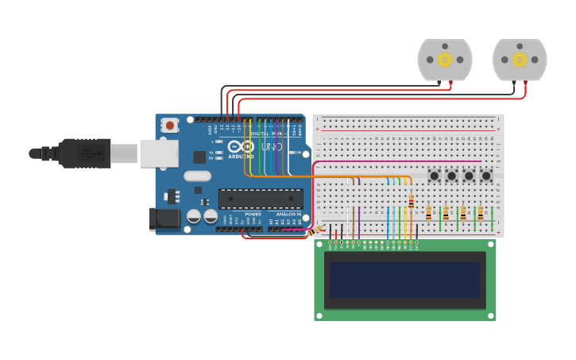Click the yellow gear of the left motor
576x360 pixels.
445,60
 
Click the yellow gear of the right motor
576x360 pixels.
520,60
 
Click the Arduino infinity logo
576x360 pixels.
241,146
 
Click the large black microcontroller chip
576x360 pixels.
261,199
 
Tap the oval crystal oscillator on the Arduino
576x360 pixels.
197,176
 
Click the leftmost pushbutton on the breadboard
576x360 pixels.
435,176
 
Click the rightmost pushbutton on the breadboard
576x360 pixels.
486,176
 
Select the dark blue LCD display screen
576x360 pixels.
405,280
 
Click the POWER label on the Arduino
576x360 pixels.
253,215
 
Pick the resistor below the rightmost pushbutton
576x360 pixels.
480,213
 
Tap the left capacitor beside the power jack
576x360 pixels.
193,216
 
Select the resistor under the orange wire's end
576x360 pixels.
411,200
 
